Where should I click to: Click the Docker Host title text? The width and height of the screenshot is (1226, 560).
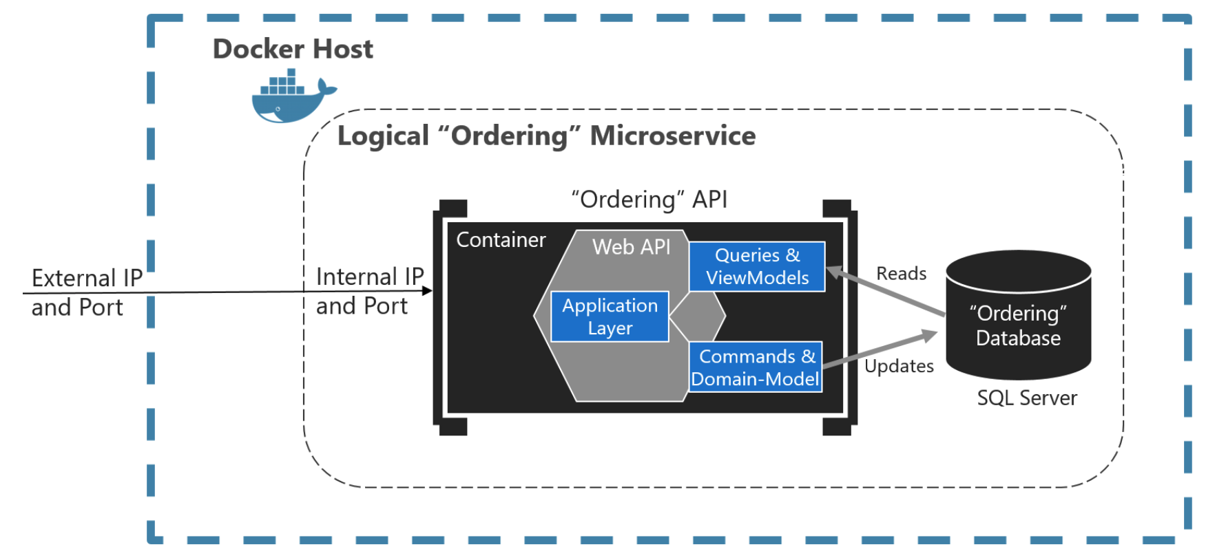(293, 49)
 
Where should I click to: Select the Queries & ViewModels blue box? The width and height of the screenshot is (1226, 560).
(757, 266)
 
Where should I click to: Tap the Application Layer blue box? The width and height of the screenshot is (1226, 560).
(610, 316)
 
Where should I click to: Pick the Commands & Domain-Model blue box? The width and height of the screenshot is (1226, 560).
(756, 367)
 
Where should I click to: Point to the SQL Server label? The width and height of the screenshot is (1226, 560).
(1026, 398)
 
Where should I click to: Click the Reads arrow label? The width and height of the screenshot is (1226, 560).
(901, 273)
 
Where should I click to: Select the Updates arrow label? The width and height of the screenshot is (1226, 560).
(899, 366)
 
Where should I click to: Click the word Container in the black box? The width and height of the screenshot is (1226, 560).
(501, 240)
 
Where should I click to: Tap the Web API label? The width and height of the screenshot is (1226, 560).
(631, 246)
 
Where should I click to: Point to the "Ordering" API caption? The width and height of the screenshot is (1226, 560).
(649, 200)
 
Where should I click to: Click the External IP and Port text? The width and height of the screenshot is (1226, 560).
(86, 292)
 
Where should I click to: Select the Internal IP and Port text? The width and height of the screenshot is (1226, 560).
(369, 291)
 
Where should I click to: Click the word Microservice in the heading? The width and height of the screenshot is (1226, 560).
(673, 136)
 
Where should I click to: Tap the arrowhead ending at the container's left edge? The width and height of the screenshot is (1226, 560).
(428, 291)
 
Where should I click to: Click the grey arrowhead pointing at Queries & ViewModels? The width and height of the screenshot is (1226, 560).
(834, 272)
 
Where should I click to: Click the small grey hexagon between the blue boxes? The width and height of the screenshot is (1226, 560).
(697, 316)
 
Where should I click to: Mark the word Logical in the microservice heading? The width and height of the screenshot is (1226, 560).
(383, 136)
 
